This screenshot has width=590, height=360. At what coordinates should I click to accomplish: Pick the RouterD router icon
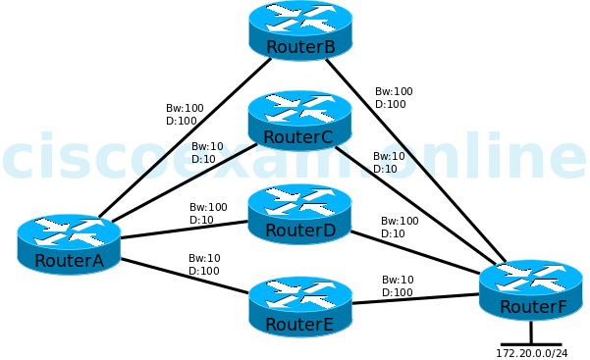[299, 213]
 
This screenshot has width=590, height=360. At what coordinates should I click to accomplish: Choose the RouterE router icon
[300, 306]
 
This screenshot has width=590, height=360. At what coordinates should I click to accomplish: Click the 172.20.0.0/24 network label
[531, 353]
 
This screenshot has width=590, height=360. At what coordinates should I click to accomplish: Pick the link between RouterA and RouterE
[185, 276]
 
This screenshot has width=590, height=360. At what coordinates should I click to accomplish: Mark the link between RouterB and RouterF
[412, 157]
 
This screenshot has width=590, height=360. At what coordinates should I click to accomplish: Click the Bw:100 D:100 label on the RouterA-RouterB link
[185, 115]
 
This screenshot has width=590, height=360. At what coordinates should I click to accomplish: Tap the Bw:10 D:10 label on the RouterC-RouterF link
[389, 163]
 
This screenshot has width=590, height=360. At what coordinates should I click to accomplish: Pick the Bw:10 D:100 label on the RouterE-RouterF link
[398, 286]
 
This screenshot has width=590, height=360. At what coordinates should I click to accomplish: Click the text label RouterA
[69, 261]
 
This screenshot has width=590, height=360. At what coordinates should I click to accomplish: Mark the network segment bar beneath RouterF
[531, 343]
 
